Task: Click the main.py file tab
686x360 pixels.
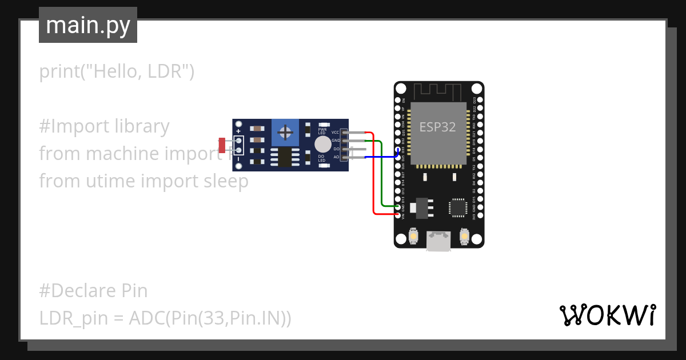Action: click(87, 25)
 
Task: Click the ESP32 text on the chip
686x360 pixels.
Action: click(437, 127)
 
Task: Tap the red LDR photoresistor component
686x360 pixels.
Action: click(222, 145)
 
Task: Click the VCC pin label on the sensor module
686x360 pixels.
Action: click(336, 132)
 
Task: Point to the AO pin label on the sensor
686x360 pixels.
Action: click(336, 157)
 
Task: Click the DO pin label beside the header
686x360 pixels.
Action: click(336, 149)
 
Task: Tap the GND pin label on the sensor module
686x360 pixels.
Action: click(336, 140)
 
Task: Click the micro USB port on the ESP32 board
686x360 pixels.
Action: click(438, 241)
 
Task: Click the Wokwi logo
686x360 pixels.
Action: click(607, 315)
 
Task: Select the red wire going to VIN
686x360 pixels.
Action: click(374, 177)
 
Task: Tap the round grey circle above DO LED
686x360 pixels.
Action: click(322, 143)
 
